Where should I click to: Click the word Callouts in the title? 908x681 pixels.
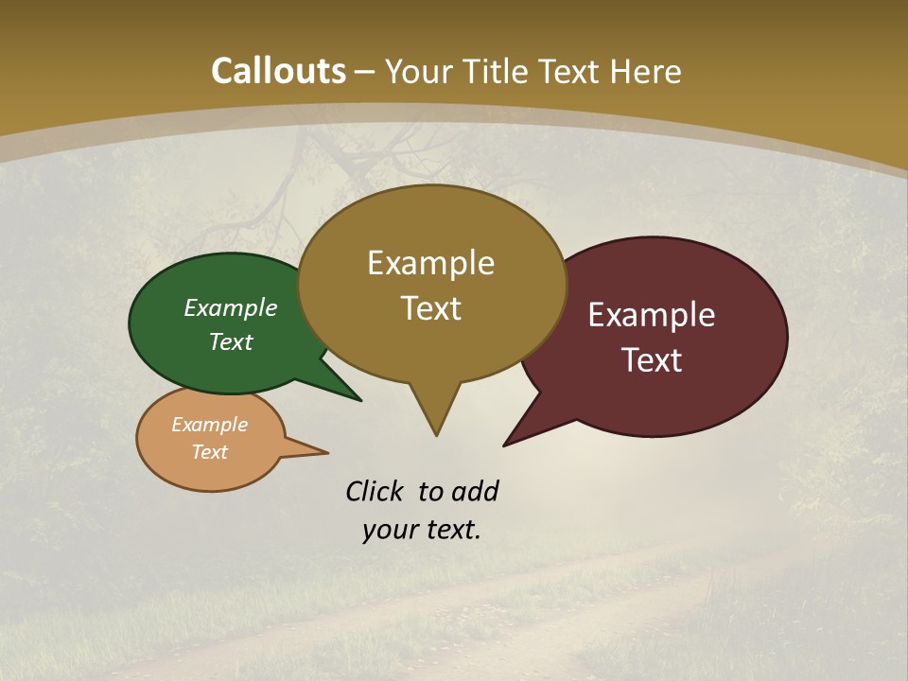tap(278, 71)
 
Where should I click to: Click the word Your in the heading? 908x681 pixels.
tap(419, 71)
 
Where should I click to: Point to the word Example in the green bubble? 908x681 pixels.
tap(231, 307)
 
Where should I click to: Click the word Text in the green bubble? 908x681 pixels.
tap(231, 341)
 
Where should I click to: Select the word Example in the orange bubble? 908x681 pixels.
tap(209, 425)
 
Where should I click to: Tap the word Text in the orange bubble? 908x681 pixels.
tap(209, 452)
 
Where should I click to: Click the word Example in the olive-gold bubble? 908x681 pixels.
tap(430, 262)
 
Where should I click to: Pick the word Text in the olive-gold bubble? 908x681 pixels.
tap(430, 308)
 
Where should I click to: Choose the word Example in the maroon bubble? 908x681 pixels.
tap(652, 315)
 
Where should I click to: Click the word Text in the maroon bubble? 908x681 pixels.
tap(652, 360)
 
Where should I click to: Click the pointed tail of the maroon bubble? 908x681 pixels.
tap(508, 443)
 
